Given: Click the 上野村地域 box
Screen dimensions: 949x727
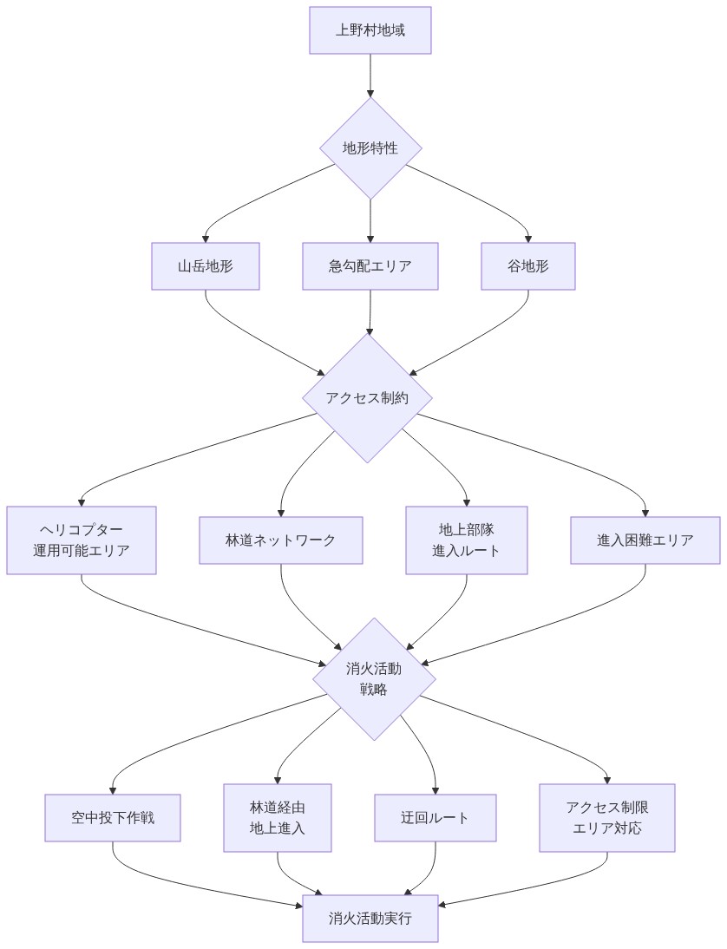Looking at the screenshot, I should click(x=370, y=30).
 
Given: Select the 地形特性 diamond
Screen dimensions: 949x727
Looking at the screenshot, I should click(x=370, y=147).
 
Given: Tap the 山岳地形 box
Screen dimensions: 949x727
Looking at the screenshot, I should click(x=206, y=265).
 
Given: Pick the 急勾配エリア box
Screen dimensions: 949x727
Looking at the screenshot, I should click(x=370, y=265).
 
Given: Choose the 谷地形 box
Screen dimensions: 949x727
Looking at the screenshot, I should click(x=528, y=265).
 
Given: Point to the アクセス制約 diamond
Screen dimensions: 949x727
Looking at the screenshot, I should click(x=367, y=398).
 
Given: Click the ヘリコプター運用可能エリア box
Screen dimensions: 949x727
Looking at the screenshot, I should click(x=82, y=540).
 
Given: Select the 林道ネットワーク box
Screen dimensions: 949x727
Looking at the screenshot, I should click(x=281, y=540).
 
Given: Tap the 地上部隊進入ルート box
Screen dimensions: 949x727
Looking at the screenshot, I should click(x=467, y=540).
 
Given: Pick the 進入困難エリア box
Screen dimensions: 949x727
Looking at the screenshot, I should click(x=645, y=540).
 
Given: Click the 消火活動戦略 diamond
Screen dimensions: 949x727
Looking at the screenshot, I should click(x=374, y=678).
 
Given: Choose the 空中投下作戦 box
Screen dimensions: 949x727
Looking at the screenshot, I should click(x=113, y=817).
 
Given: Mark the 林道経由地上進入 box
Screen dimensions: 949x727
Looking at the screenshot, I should click(x=278, y=817).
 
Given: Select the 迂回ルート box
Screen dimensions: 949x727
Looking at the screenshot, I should click(x=436, y=817).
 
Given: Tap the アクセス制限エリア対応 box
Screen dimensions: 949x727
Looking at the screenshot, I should click(x=607, y=817).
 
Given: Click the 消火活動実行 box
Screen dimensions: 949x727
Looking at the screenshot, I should click(x=370, y=918).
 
